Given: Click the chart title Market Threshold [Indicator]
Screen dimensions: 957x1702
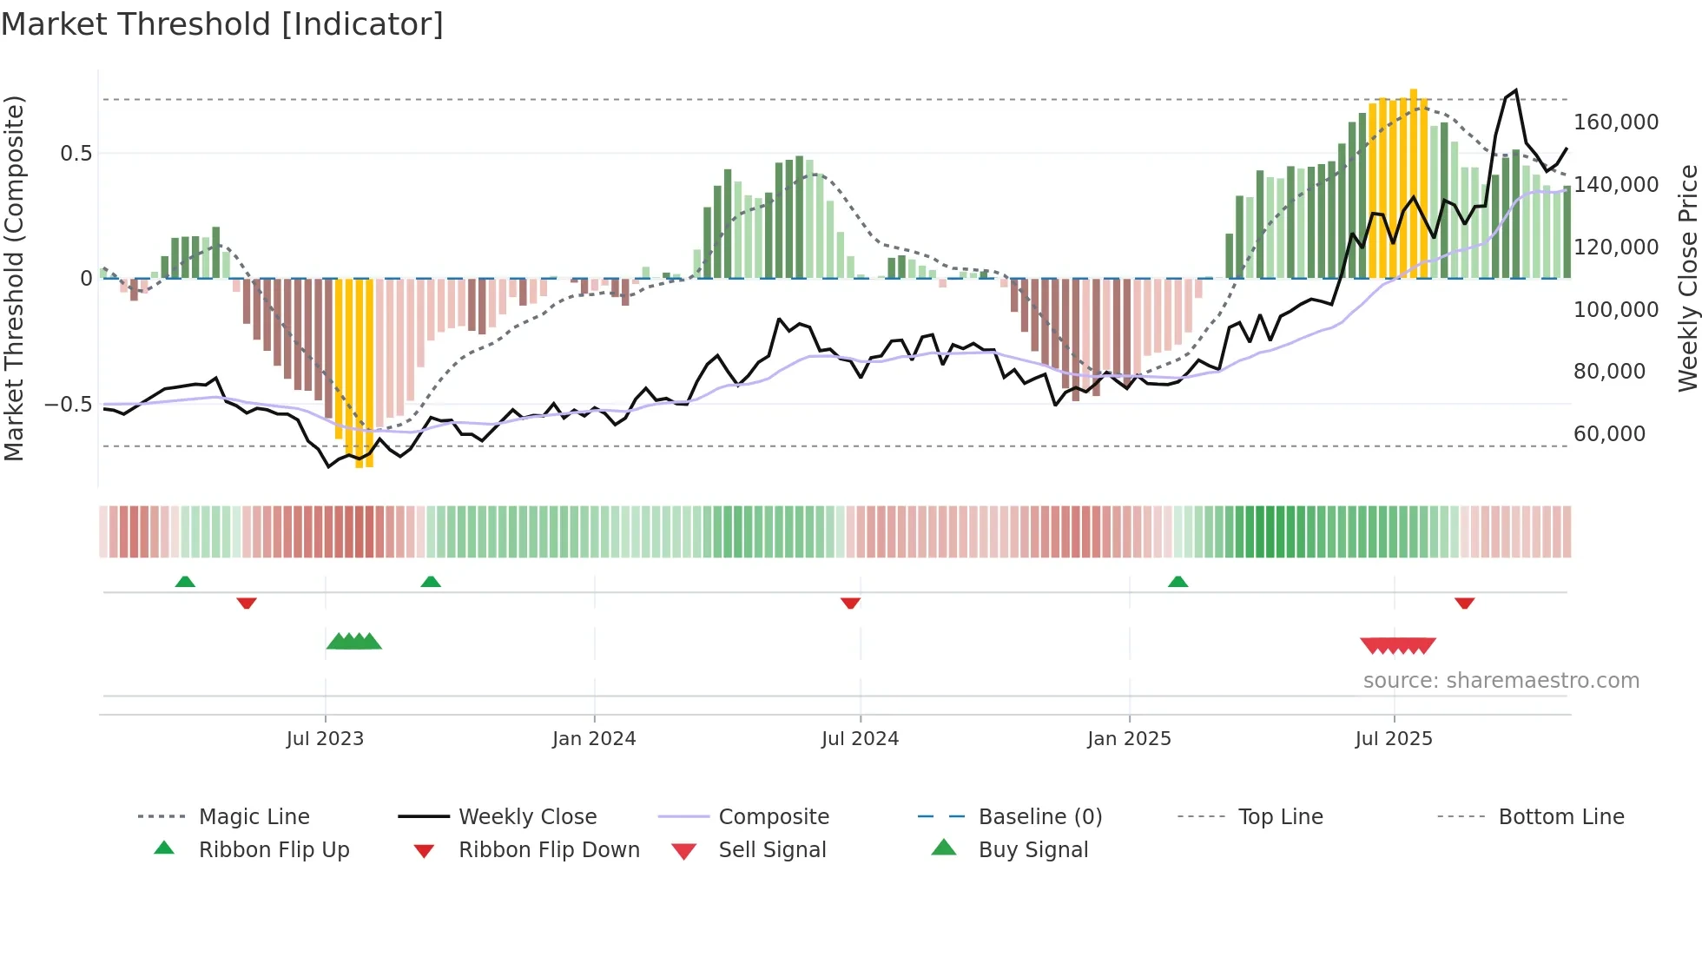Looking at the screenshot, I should pos(222,24).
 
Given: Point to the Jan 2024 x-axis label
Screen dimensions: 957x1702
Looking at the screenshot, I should pos(594,739).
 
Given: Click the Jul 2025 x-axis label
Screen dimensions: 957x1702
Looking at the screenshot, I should pos(1393,739).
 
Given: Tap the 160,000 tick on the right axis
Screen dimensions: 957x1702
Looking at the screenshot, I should pos(1615,122).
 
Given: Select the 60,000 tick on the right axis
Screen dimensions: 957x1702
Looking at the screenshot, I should pos(1609,434).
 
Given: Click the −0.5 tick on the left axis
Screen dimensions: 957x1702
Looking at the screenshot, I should pos(68,405).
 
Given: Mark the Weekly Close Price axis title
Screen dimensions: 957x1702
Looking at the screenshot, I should pos(1687,278).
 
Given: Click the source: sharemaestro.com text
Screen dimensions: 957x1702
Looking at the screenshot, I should pos(1501,681).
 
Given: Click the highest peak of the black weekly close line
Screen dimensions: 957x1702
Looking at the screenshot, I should pos(1515,90).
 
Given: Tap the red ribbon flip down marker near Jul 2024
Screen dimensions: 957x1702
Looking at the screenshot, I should pos(850,603).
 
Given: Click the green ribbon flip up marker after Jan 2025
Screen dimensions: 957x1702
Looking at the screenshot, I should pos(1178,582).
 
